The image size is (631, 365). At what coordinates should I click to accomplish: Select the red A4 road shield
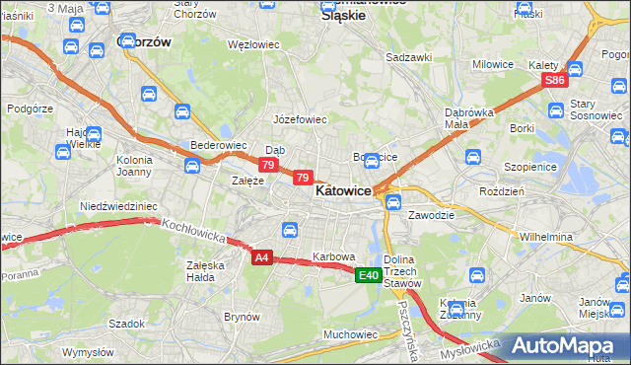(260, 257)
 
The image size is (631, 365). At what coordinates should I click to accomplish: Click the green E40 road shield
(369, 275)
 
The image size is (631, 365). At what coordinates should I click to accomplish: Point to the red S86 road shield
(555, 81)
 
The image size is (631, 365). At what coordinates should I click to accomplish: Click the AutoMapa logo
(566, 345)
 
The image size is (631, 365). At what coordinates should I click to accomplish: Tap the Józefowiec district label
(299, 119)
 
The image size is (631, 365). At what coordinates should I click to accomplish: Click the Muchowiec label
(350, 334)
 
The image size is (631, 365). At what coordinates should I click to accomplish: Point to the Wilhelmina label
(546, 238)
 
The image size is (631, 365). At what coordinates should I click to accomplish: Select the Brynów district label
(242, 317)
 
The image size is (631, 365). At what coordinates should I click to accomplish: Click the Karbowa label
(333, 256)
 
